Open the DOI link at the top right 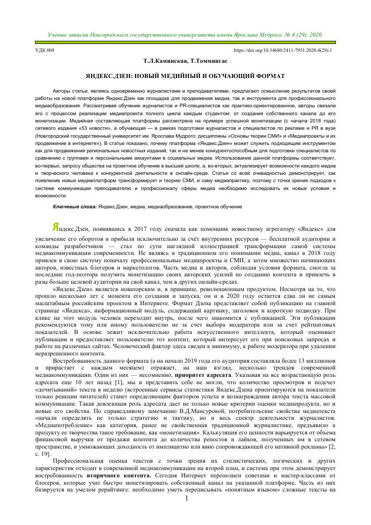283,51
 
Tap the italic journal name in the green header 186,35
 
